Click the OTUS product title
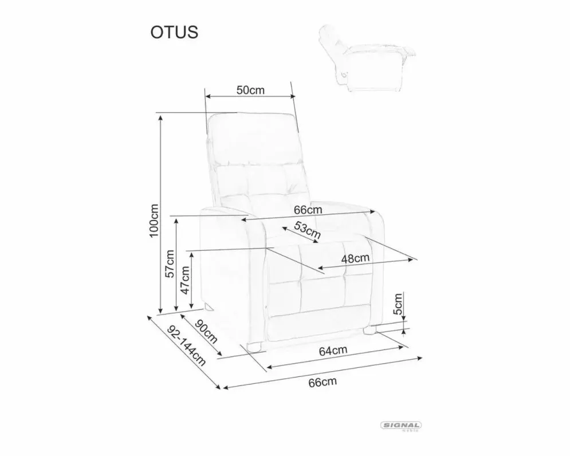[175, 32]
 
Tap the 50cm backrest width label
[250, 90]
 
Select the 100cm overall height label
[154, 221]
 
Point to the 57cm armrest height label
[170, 264]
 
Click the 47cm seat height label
[185, 280]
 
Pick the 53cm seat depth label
[307, 230]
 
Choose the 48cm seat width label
[355, 258]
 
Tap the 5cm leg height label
[398, 304]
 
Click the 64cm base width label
[333, 351]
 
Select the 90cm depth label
[206, 332]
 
